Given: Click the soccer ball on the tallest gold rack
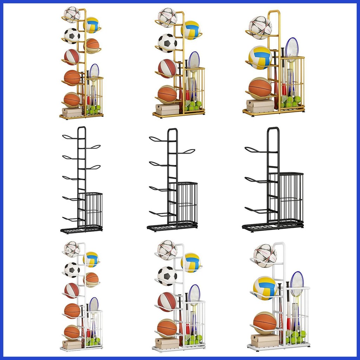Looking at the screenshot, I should [72, 36].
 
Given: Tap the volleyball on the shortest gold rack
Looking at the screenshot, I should [260, 57].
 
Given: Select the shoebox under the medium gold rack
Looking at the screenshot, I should [167, 109].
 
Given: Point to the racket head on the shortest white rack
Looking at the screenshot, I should [297, 284].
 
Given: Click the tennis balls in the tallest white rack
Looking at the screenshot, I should [93, 341].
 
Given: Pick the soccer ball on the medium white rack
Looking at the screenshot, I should [167, 276].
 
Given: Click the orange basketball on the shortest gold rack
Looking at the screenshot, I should [260, 89].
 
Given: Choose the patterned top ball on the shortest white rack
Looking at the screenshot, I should [265, 256].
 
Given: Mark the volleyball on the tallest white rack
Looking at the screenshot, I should [91, 259].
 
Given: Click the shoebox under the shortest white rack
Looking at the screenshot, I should [264, 340].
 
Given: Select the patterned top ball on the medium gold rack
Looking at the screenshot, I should [167, 17].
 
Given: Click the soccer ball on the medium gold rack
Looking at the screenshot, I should [167, 43].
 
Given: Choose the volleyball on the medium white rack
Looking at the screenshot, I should [191, 263].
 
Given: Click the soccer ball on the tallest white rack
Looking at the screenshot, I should [72, 270].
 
